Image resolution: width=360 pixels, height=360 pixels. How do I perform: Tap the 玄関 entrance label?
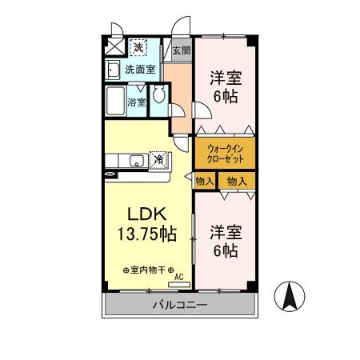182,50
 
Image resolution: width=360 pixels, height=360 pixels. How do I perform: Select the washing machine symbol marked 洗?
138,47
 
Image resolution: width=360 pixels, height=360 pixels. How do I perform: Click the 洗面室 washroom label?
141,70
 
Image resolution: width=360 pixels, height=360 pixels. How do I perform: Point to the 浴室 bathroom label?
137,102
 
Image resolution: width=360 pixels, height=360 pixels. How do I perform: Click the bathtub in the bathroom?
116,102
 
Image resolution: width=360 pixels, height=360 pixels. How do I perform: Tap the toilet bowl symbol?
158,95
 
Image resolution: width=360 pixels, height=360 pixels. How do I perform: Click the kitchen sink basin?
136,160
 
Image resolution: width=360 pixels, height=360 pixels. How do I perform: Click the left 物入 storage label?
204,182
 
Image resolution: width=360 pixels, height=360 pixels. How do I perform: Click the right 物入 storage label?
237,182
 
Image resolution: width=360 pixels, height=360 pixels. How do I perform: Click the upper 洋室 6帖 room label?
225,86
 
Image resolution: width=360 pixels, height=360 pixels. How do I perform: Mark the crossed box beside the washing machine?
114,47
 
